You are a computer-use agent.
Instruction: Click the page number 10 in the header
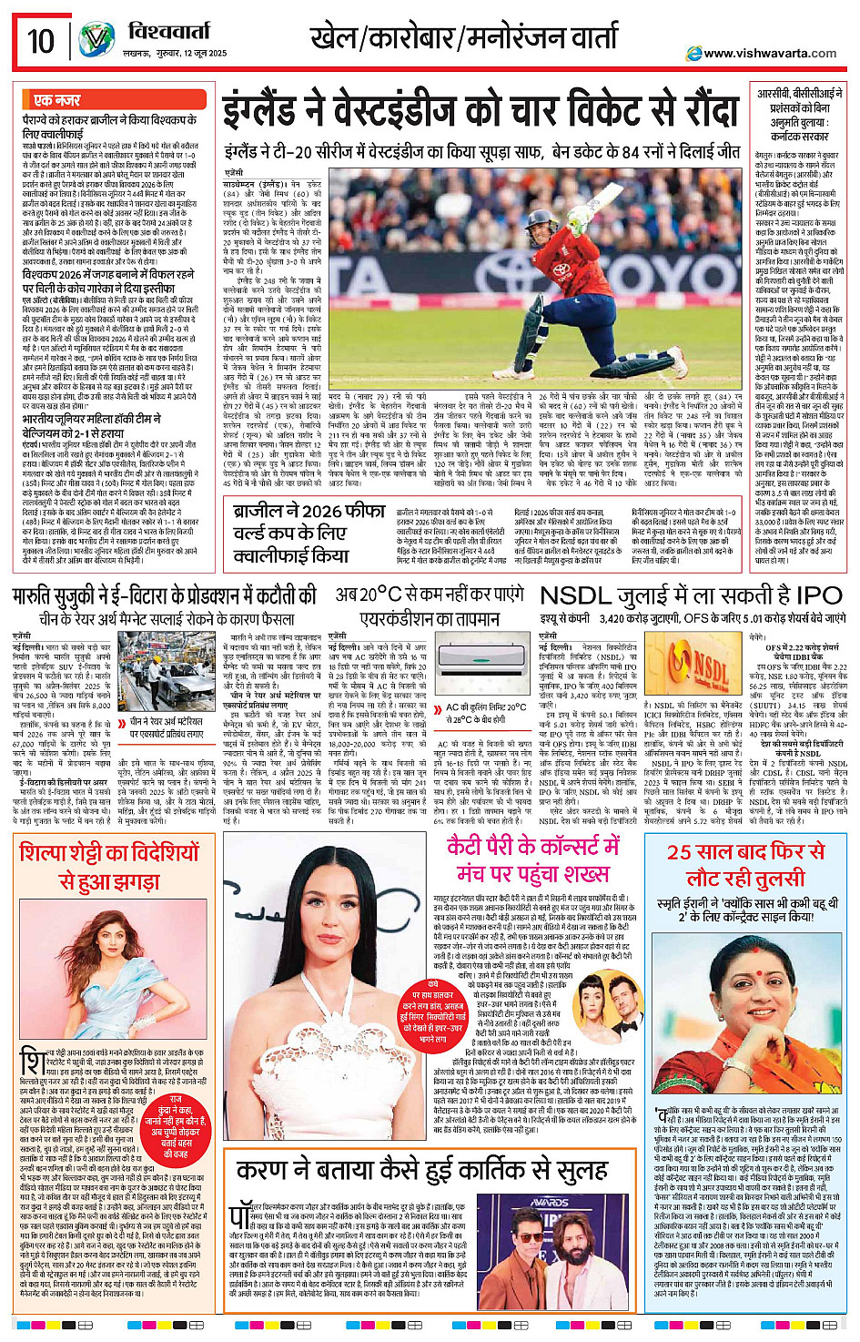[x=41, y=41]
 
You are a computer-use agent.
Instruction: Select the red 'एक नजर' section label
[x=56, y=100]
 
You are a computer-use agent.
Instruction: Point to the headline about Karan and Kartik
[x=409, y=1171]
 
